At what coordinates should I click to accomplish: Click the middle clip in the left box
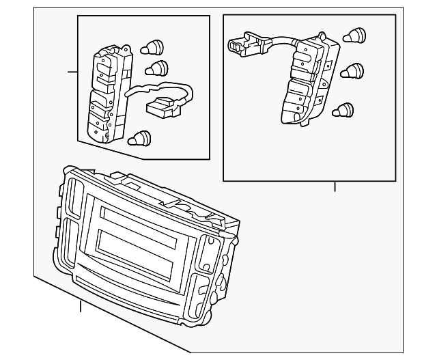pyautogui.click(x=157, y=68)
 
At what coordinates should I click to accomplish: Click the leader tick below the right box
pyautogui.click(x=335, y=186)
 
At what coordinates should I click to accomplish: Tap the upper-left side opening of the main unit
pyautogui.click(x=74, y=202)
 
